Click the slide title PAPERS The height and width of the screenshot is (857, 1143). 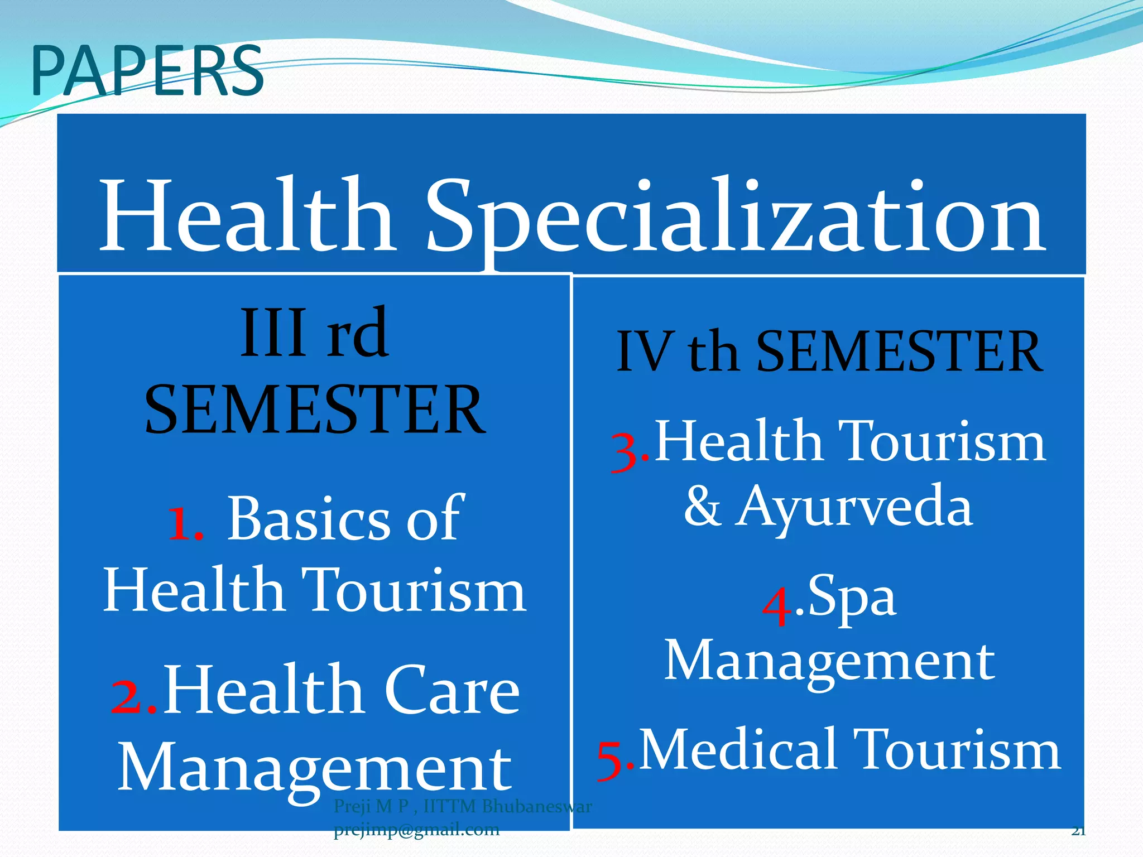[147, 71]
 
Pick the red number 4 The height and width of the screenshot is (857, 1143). [777, 607]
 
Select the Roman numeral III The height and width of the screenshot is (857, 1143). [273, 334]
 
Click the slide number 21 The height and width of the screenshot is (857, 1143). [1078, 831]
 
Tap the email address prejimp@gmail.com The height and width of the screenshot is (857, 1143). [416, 830]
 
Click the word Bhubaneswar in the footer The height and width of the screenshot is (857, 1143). [536, 806]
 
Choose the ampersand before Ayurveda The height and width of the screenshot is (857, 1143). [702, 506]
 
